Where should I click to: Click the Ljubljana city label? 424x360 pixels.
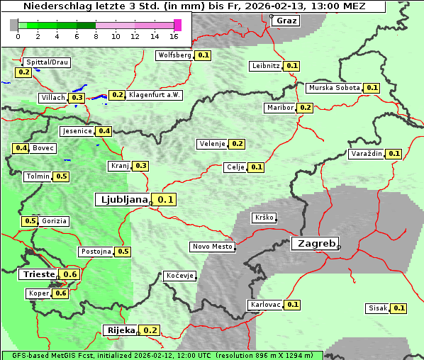[x=122, y=200]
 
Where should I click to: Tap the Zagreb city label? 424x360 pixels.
[x=315, y=243]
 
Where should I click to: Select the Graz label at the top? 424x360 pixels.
[x=286, y=21]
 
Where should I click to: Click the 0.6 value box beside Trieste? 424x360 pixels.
[x=70, y=274]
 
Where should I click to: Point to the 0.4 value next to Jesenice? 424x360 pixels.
[x=104, y=131]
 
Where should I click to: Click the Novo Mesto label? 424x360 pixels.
[x=212, y=247]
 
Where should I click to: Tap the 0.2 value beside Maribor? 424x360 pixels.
[x=305, y=108]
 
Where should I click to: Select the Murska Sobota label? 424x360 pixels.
[x=333, y=88]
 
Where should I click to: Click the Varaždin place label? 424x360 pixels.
[x=366, y=154]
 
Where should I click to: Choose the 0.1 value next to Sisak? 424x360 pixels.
[x=399, y=308]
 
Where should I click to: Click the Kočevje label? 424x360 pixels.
[x=179, y=276]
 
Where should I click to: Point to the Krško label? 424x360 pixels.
[x=264, y=218]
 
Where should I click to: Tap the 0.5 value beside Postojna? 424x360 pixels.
[x=123, y=252]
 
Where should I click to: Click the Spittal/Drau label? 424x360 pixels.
[x=46, y=62]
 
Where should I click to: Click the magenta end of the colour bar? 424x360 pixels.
[x=177, y=26]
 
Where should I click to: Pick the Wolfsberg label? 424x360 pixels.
[x=174, y=55]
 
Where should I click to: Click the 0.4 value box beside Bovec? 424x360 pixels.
[x=21, y=148]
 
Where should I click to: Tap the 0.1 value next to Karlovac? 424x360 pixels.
[x=293, y=305]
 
